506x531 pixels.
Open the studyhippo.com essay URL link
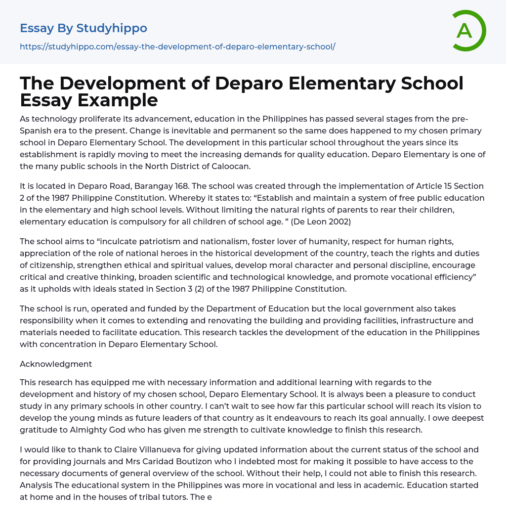click(177, 47)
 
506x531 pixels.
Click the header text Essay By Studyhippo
click(84, 28)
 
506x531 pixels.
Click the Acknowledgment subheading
click(56, 364)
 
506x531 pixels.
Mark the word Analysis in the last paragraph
click(37, 485)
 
